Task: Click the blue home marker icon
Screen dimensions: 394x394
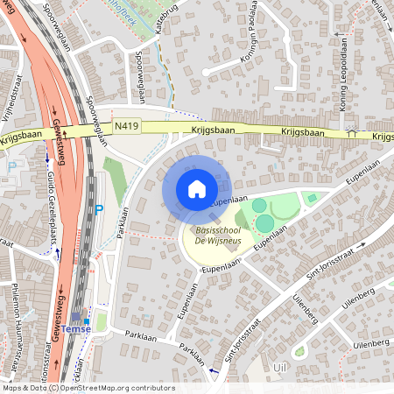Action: [x=196, y=189]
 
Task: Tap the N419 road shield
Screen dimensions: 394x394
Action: [x=126, y=126]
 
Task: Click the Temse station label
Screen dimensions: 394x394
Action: [x=102, y=328]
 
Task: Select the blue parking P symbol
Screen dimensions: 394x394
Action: [x=99, y=208]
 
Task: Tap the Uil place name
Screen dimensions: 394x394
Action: [x=280, y=367]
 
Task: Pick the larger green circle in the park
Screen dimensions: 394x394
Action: [x=264, y=223]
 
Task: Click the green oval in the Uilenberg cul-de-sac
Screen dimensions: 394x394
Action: [x=300, y=352]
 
